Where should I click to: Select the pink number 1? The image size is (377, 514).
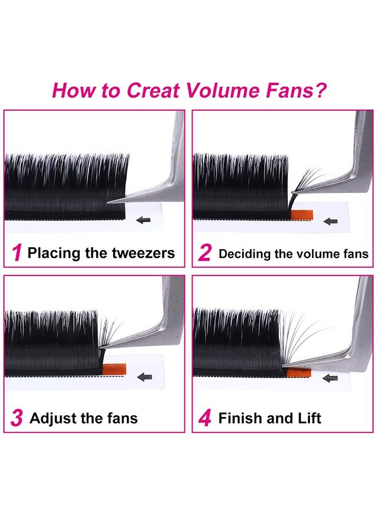coord(17,253)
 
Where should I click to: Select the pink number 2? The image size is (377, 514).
coord(204,253)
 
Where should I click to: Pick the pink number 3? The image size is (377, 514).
coord(17,419)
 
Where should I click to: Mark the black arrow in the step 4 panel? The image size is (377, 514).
coord(330,378)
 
